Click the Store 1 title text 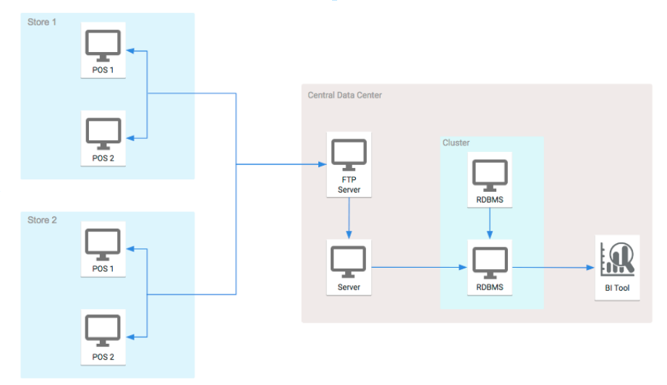42,22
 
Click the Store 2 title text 42,220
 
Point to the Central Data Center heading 344,95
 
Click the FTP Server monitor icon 349,154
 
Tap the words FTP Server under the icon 349,185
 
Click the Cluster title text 456,143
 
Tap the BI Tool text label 617,287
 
